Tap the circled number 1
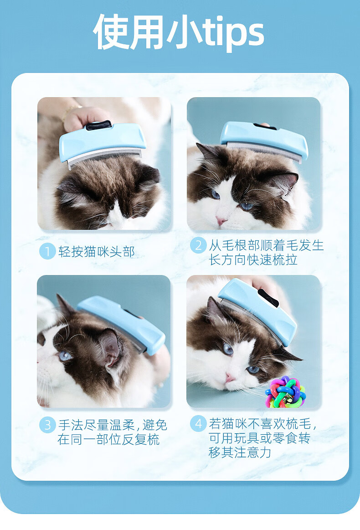pos(47,251)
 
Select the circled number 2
pos(198,245)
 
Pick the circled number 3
pos(47,425)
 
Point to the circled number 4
pos(198,424)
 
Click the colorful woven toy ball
pos(286,391)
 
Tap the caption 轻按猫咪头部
pos(97,252)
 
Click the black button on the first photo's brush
pos(98,125)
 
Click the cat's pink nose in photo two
pos(221,221)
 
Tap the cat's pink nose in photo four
pos(231,377)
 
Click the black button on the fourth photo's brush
pos(268,298)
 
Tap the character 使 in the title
pos(111,32)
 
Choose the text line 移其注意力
pos(240,452)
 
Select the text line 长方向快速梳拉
pos(253,260)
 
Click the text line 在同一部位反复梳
pos(108,439)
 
